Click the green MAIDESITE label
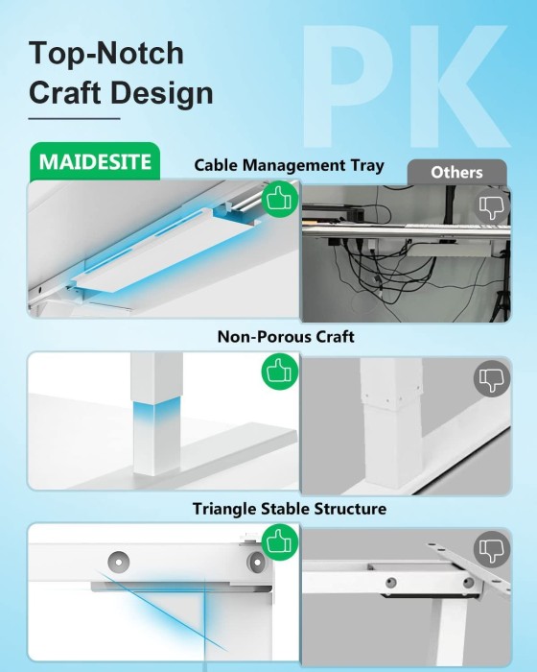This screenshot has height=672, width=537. pos(95,161)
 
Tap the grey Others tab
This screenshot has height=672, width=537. pos(456,172)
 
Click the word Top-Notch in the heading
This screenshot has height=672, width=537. pos(106,53)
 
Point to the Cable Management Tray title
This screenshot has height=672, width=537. pos(289,165)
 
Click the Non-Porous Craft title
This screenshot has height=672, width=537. pos(286,336)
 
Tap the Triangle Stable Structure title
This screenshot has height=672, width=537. pos(290,509)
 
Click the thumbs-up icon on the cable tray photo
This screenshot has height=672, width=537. pos(280,199)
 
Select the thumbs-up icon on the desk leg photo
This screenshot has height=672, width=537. pos(280,372)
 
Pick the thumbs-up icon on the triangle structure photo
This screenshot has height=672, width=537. pos(280,541)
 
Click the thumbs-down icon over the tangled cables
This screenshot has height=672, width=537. pos(492,206)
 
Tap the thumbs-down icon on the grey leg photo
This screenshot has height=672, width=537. pos(492,378)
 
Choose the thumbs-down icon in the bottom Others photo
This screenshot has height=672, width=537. pos(492,549)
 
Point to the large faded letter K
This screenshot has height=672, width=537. pos(458,85)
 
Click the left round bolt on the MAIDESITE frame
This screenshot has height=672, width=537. pos(119,561)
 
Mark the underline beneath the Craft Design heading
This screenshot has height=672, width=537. pos(74,119)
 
